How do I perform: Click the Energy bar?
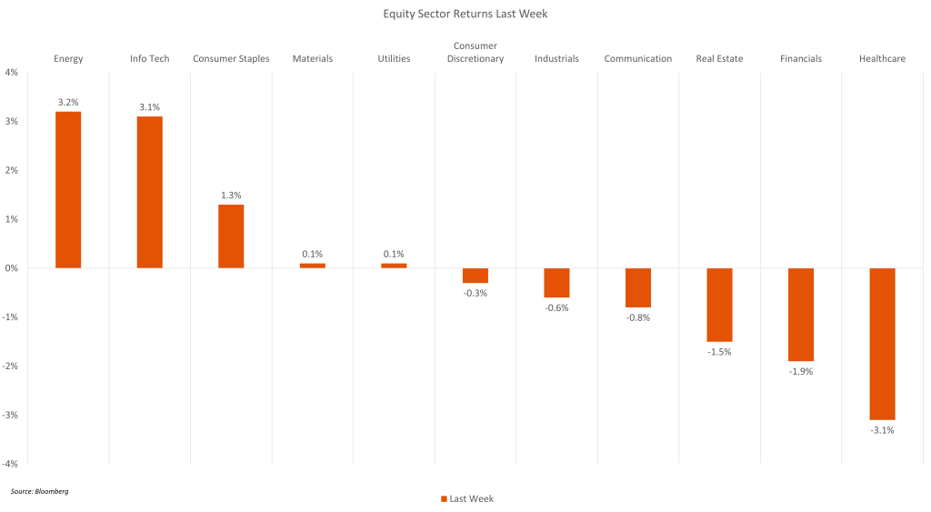pos(68,190)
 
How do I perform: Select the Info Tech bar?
pos(149,192)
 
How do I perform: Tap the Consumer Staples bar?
pos(231,236)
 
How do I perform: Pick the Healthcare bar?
pos(883,344)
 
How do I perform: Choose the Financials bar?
pos(801,315)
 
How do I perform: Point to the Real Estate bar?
pos(719,305)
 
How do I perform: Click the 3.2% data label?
pos(68,103)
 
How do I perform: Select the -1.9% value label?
pos(801,371)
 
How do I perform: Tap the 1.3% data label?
pos(231,196)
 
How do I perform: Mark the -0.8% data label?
pos(638,317)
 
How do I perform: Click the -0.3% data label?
pos(476,293)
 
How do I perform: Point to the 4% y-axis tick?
pos(12,72)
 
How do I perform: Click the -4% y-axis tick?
pos(10,464)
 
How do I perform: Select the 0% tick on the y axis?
pos(12,268)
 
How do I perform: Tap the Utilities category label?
pos(394,59)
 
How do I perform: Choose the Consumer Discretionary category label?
pos(476,53)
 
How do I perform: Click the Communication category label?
pos(638,59)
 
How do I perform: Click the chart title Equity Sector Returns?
pos(465,14)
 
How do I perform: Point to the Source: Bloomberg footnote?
pos(40,491)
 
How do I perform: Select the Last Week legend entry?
pos(467,498)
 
